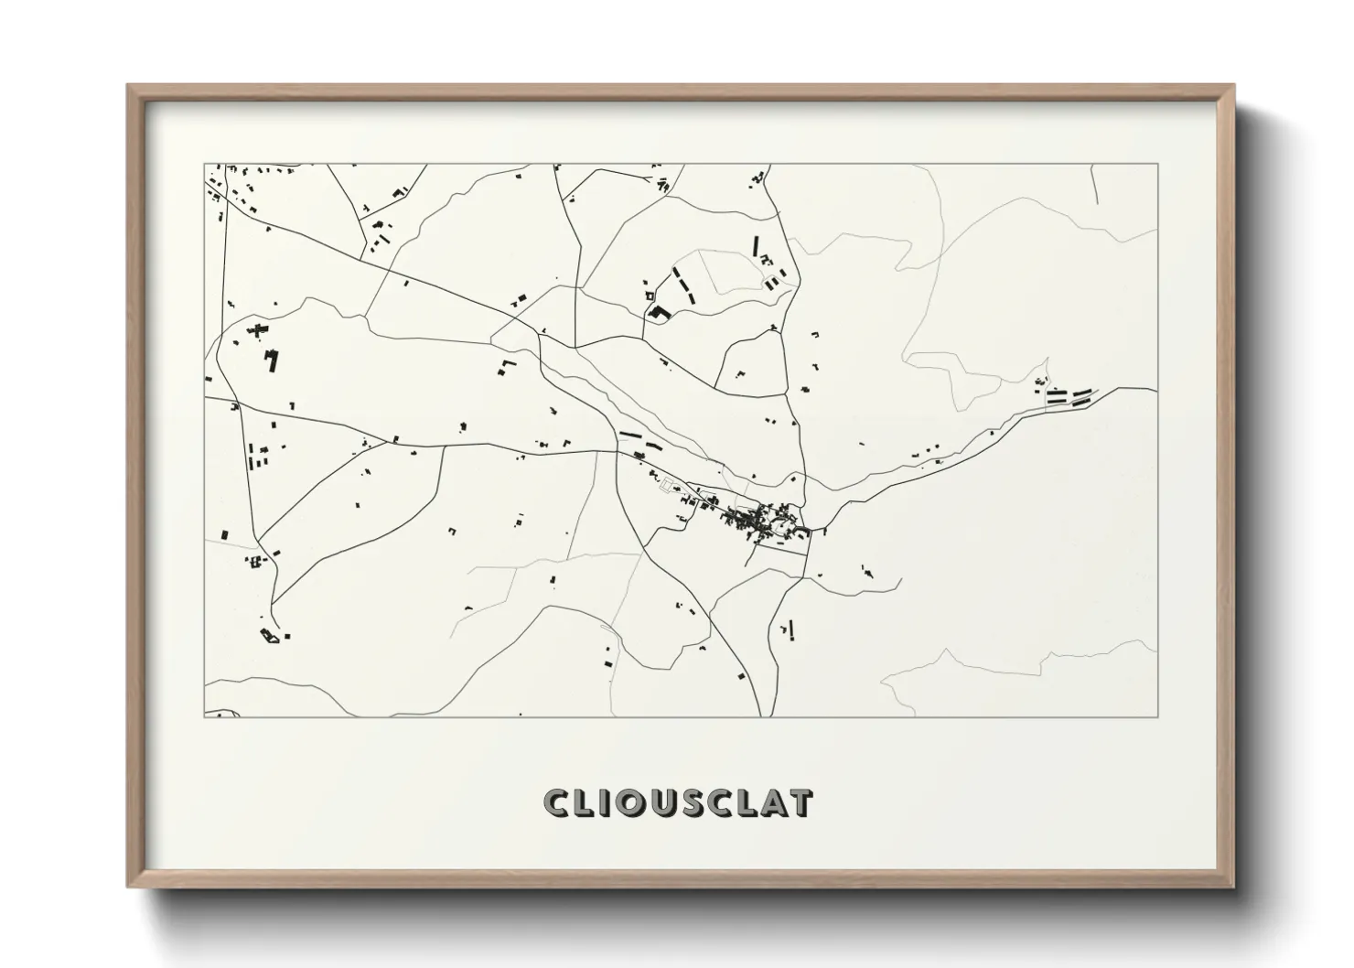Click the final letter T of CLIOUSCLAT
tap(800, 802)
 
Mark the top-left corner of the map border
tap(204, 164)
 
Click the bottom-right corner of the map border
tap(1157, 716)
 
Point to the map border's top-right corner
tap(1157, 164)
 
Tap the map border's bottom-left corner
tap(204, 716)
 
